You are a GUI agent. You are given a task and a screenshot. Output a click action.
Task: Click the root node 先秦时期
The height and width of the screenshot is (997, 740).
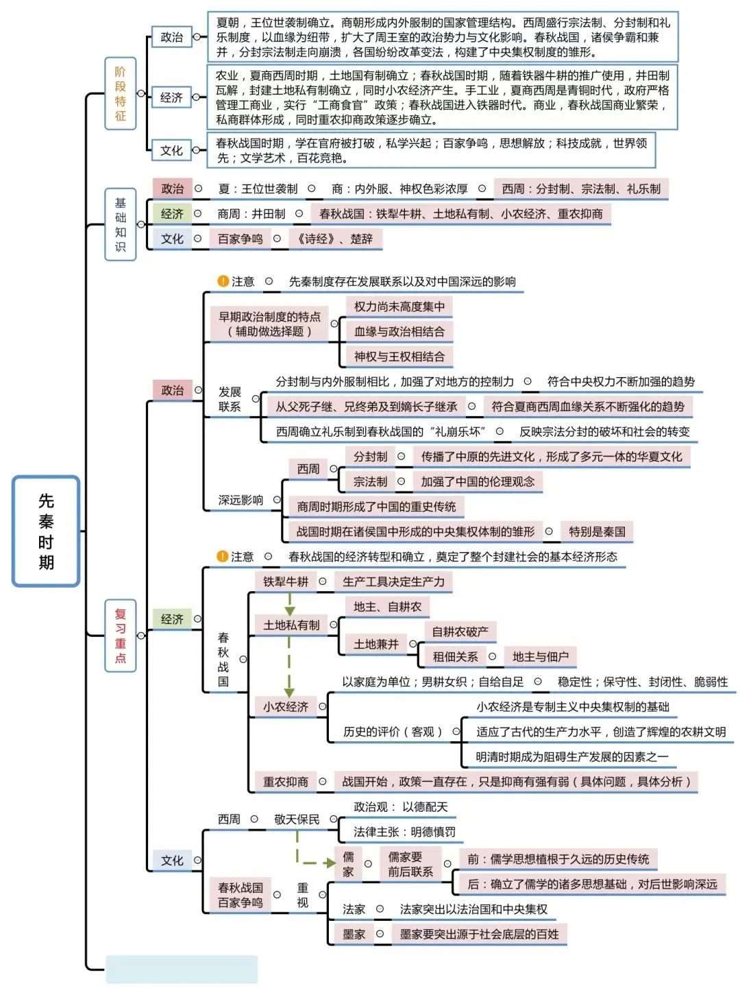46,531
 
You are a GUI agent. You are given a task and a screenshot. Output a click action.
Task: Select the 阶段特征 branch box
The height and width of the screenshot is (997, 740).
121,94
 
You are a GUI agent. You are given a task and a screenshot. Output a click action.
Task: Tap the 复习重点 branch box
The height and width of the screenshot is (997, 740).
121,636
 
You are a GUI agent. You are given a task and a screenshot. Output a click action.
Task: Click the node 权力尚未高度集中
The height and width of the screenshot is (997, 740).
399,307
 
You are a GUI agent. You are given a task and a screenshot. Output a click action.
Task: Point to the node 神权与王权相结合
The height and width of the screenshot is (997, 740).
399,357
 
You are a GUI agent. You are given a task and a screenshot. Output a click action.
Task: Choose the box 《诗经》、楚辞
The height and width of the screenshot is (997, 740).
335,239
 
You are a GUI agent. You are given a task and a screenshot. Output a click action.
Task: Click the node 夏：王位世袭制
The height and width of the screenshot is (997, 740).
258,189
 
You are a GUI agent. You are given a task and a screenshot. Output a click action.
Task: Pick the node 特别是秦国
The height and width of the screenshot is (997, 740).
597,531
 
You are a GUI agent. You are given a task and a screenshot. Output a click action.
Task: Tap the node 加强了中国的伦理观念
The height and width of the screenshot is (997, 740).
478,481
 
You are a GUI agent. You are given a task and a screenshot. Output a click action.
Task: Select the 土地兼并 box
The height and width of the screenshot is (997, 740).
375,644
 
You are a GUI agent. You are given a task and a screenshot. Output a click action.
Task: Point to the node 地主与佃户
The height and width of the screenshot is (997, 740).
540,656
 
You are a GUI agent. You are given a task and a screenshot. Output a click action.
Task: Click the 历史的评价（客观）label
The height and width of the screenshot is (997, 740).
393,732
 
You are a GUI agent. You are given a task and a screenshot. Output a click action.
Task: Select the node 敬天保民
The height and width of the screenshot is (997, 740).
297,819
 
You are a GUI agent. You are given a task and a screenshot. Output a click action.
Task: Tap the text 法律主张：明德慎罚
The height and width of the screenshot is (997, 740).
404,832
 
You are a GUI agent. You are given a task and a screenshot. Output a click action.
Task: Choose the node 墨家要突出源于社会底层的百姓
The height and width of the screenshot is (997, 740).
479,934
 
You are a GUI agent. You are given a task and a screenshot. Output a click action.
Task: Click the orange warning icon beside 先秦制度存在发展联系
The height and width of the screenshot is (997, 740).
223,281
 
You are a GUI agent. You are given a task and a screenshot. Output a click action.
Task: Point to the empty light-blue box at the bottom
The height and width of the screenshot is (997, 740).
182,969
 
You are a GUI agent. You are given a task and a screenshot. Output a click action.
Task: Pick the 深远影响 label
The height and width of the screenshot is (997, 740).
241,500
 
